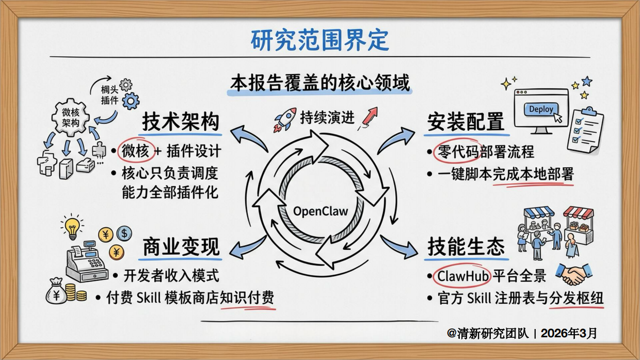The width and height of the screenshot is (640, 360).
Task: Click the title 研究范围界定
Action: [319, 40]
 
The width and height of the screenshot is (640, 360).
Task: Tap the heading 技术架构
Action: [181, 122]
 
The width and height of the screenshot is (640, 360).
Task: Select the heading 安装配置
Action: [465, 122]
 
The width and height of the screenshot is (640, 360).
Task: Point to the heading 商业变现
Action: [181, 247]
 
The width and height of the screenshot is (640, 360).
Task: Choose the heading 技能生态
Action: [465, 247]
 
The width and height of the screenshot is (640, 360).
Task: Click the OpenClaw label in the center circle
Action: [321, 211]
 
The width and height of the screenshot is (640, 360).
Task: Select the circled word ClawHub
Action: [463, 276]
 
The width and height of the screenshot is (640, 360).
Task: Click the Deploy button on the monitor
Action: [541, 109]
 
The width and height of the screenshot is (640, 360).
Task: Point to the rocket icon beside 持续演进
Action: [285, 119]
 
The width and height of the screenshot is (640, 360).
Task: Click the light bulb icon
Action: [72, 227]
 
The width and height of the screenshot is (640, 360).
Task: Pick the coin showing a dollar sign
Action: [124, 234]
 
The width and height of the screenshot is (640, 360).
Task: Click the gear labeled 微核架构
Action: [71, 117]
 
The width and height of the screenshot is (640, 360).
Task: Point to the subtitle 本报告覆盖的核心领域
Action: [319, 83]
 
